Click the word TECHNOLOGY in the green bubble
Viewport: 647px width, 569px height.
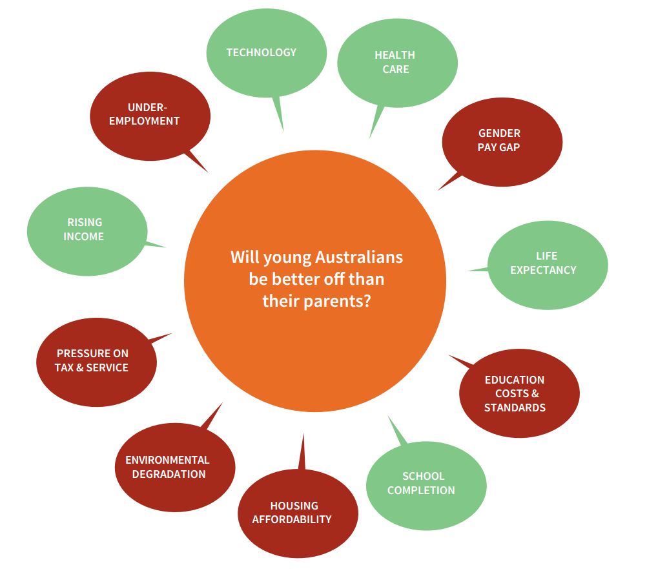pyautogui.click(x=262, y=52)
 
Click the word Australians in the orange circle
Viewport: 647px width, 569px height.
pyautogui.click(x=359, y=258)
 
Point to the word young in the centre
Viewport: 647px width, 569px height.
pyautogui.click(x=289, y=258)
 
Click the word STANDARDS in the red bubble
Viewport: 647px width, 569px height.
pyautogui.click(x=515, y=408)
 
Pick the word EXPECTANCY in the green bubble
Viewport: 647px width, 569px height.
pyautogui.click(x=543, y=270)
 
